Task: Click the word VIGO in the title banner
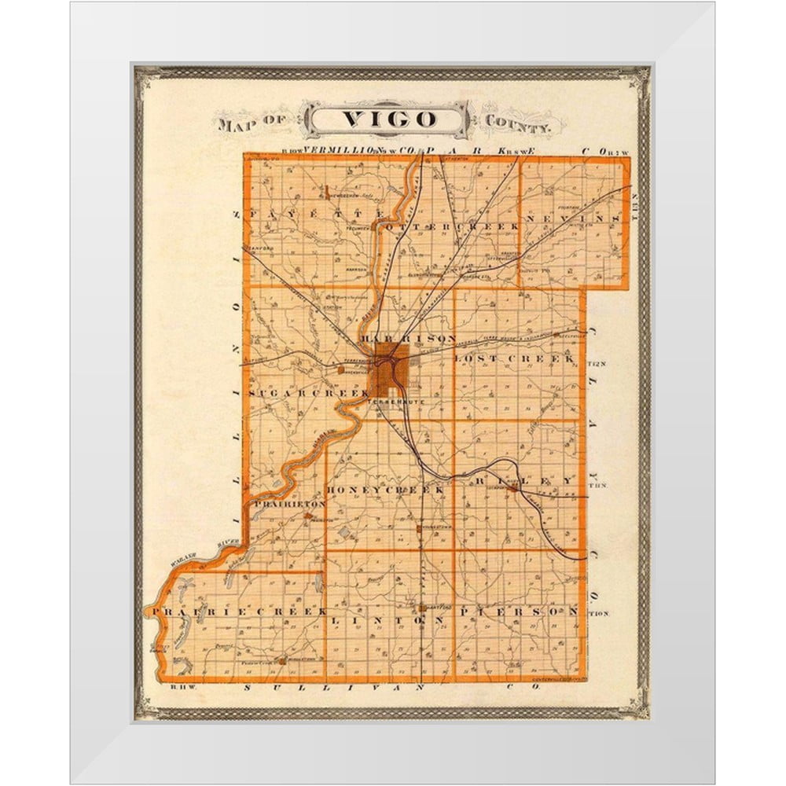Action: pos(389,119)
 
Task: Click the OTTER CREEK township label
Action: pos(454,226)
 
